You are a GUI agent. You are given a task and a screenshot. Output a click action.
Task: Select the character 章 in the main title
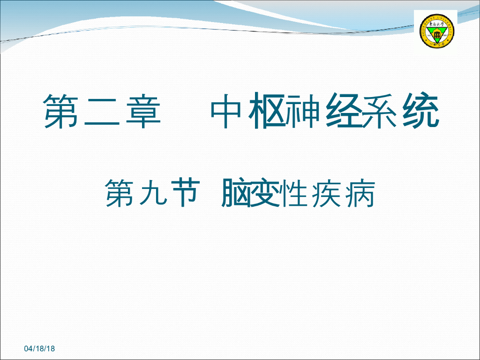click(143, 112)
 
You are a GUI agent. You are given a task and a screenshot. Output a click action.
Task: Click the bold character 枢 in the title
click(267, 112)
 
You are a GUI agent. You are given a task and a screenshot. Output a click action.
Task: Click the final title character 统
click(420, 112)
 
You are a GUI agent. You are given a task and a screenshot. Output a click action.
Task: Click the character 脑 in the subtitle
click(234, 193)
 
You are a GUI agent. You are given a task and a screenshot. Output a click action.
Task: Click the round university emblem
click(437, 31)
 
